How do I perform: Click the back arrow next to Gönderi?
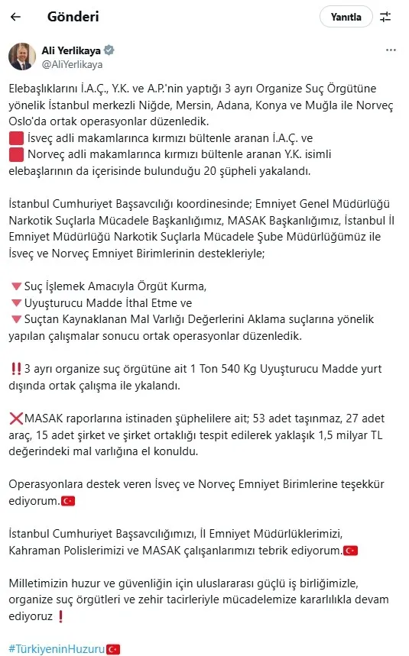point(15,16)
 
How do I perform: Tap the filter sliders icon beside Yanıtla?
point(385,16)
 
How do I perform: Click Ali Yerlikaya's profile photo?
point(21,57)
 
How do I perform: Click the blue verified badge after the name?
point(109,50)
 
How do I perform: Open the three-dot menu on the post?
point(391,50)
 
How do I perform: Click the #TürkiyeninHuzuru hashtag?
point(57,649)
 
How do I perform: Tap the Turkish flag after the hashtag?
point(113,649)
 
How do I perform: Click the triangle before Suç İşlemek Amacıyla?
point(15,286)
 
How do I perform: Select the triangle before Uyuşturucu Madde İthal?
point(15,302)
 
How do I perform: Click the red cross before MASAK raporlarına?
point(15,418)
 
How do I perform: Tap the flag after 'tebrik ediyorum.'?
point(351,550)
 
